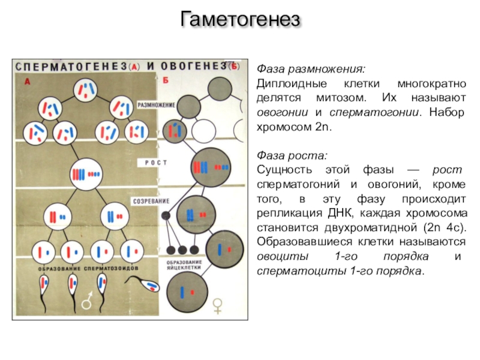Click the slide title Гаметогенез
[x=240, y=20]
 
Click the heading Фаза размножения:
[x=311, y=68]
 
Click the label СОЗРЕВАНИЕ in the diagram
[x=152, y=200]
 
